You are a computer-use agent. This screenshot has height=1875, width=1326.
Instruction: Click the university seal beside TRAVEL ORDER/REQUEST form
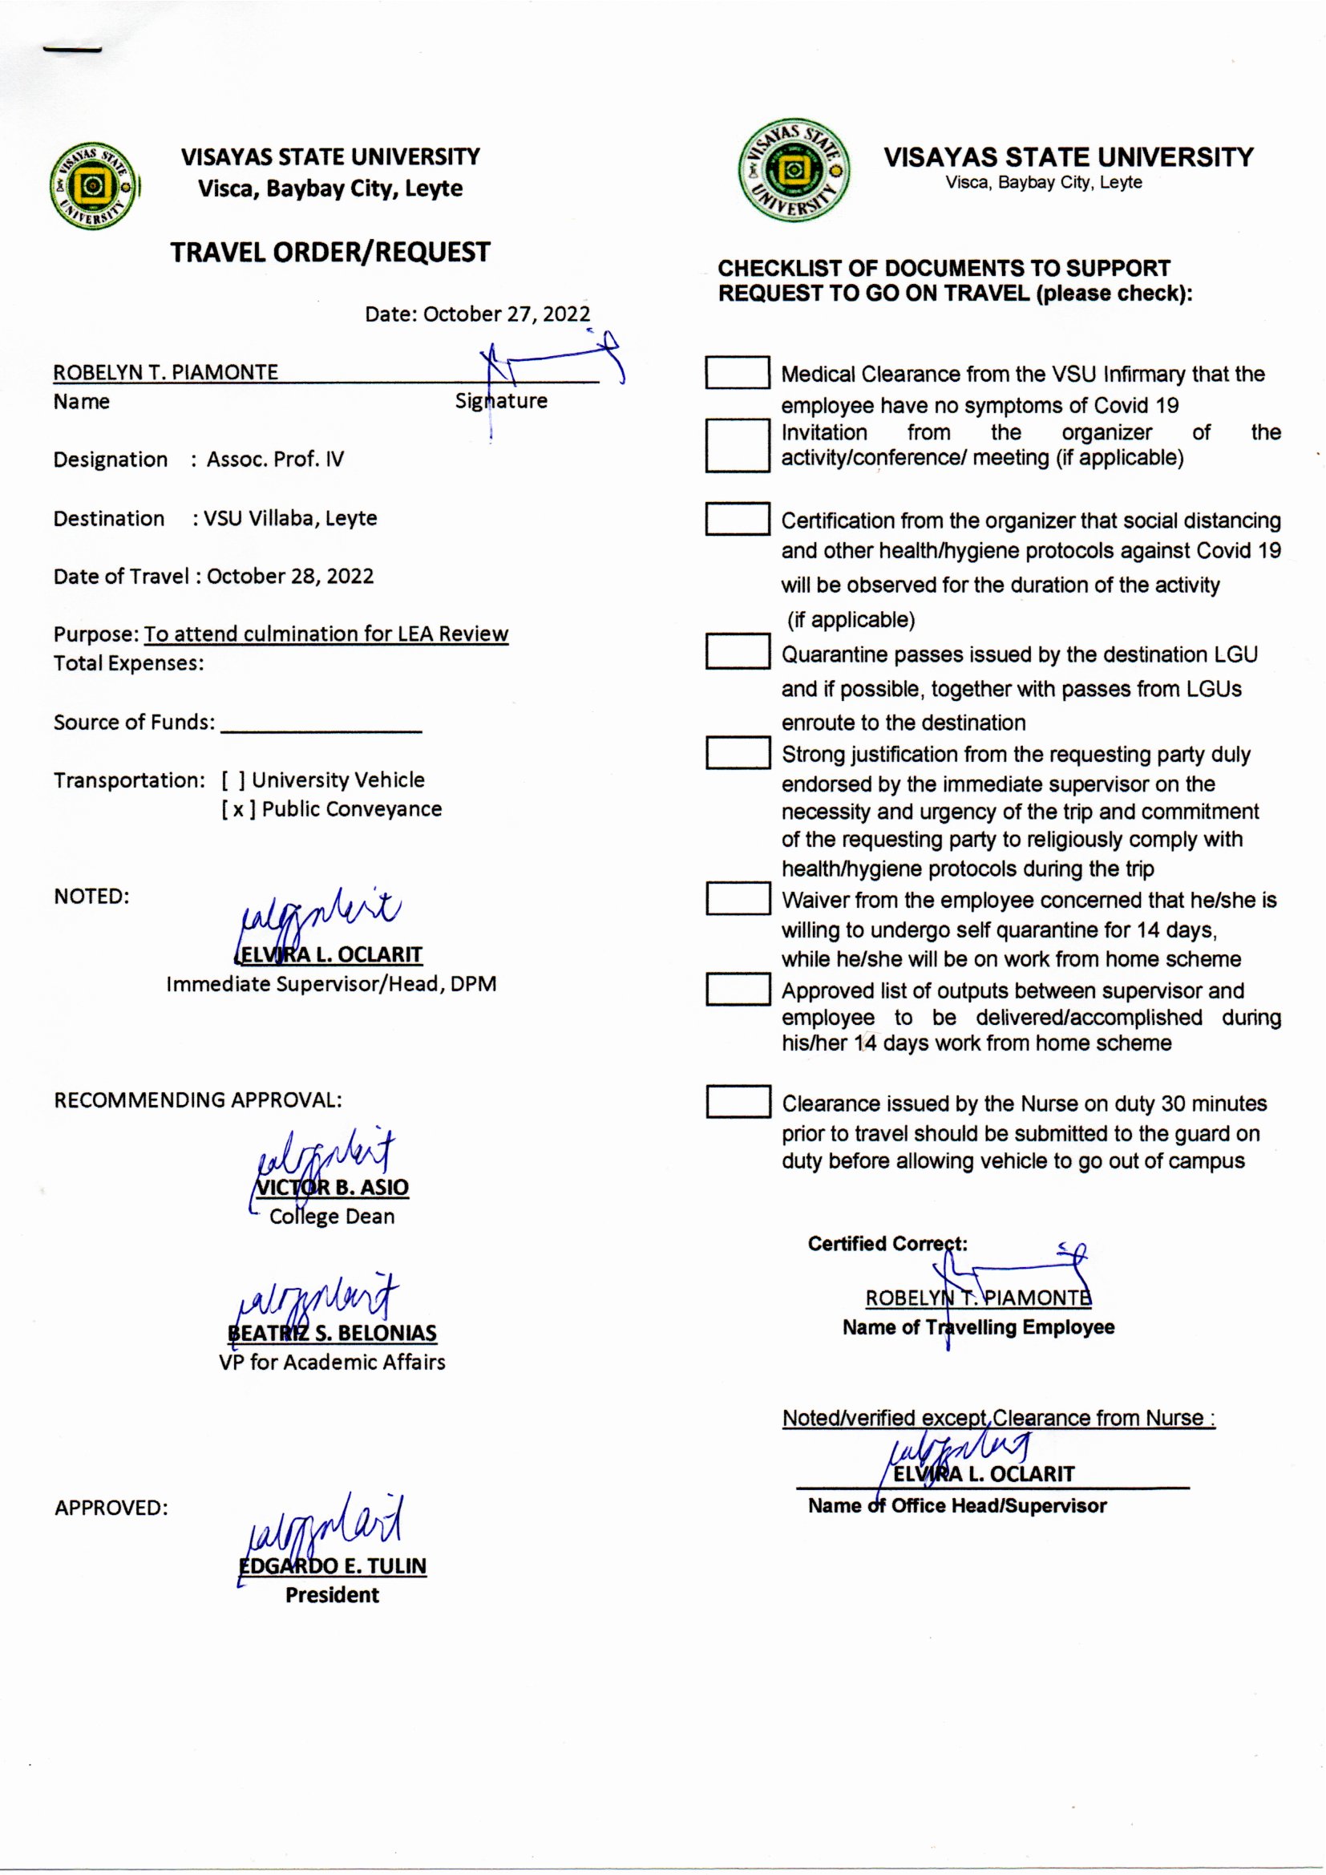[94, 185]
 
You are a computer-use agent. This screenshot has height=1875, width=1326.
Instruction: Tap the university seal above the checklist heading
[793, 171]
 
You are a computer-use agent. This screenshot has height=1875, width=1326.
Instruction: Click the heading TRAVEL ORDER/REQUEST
[329, 253]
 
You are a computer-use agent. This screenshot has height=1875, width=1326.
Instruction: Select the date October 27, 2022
[506, 314]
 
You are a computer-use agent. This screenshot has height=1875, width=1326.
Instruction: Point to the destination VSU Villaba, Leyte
[290, 519]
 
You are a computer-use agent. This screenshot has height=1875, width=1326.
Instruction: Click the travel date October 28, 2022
[290, 577]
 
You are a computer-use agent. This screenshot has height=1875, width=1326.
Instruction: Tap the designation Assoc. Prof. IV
[275, 460]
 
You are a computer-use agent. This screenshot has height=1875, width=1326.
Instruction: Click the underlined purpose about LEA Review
[325, 634]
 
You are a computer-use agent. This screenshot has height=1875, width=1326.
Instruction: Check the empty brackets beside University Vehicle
[232, 780]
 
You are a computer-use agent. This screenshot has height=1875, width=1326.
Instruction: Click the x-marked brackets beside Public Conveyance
[238, 809]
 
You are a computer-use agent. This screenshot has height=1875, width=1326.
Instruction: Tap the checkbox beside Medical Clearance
[737, 372]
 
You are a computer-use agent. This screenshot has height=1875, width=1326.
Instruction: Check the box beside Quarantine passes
[737, 653]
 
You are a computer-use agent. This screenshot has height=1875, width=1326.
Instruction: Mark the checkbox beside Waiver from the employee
[738, 898]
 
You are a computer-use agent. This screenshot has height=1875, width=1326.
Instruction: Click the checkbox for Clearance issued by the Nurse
[738, 1101]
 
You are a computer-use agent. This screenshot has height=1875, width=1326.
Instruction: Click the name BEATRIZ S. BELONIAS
[333, 1334]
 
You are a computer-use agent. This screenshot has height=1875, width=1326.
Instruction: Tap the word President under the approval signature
[333, 1595]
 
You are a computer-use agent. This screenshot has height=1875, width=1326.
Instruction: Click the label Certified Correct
[887, 1244]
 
